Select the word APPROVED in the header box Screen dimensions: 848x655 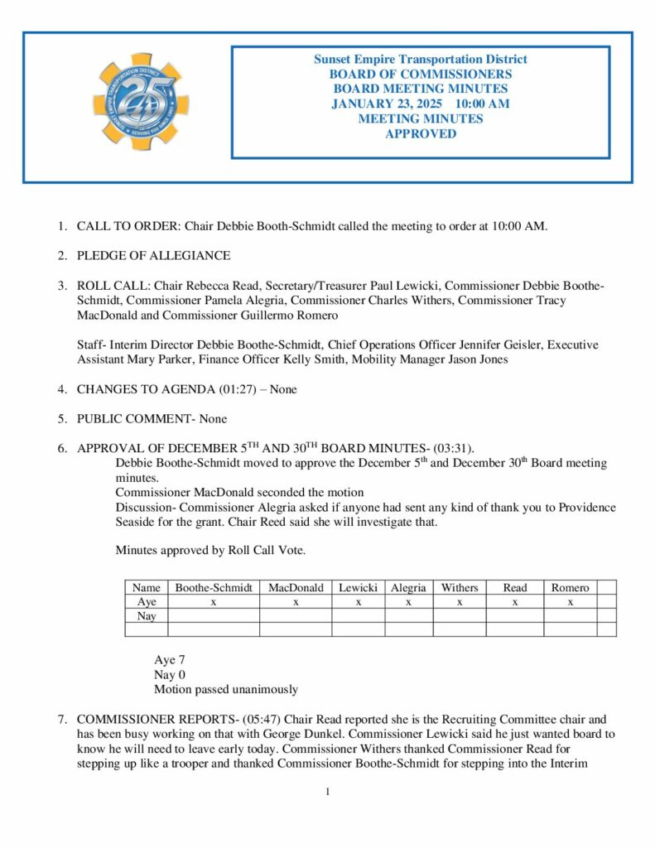click(421, 133)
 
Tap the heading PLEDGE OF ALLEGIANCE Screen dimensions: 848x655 click(153, 255)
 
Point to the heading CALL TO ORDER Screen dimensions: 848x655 click(128, 225)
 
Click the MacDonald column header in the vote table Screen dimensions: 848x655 click(296, 588)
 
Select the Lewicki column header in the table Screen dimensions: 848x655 click(358, 588)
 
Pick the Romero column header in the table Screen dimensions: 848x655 click(570, 588)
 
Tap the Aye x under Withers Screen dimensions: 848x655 click(459, 602)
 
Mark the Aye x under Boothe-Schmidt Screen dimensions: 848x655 click(214, 602)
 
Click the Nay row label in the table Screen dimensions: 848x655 click(147, 616)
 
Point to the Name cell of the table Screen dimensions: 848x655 click(147, 588)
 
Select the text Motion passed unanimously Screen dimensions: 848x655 click(225, 689)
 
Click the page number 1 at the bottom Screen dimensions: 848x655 click(328, 793)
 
